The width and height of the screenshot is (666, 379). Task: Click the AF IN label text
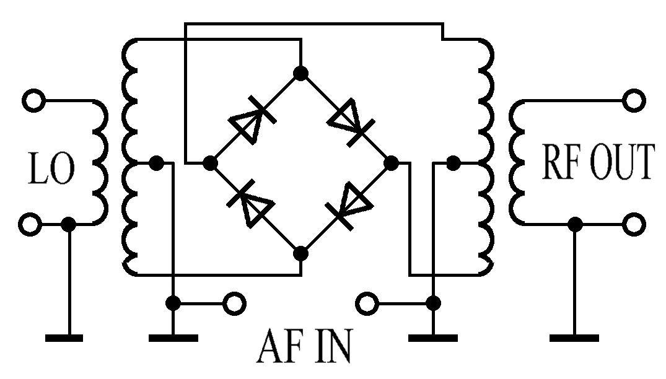click(303, 348)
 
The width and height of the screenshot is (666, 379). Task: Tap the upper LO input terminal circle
click(33, 100)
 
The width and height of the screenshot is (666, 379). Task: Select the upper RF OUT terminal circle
click(634, 100)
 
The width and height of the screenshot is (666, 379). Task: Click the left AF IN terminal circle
click(235, 303)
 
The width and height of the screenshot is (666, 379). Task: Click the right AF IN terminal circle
click(367, 303)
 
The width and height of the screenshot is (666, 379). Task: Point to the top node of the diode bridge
click(301, 74)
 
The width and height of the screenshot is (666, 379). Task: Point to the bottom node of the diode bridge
click(301, 253)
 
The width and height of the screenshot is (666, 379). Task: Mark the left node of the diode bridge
click(211, 163)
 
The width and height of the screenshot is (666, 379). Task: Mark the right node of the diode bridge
click(391, 163)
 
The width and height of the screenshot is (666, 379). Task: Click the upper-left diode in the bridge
click(252, 118)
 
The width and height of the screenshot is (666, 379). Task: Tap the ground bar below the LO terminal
click(64, 338)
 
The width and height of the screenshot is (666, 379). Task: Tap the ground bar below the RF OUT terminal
click(574, 338)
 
